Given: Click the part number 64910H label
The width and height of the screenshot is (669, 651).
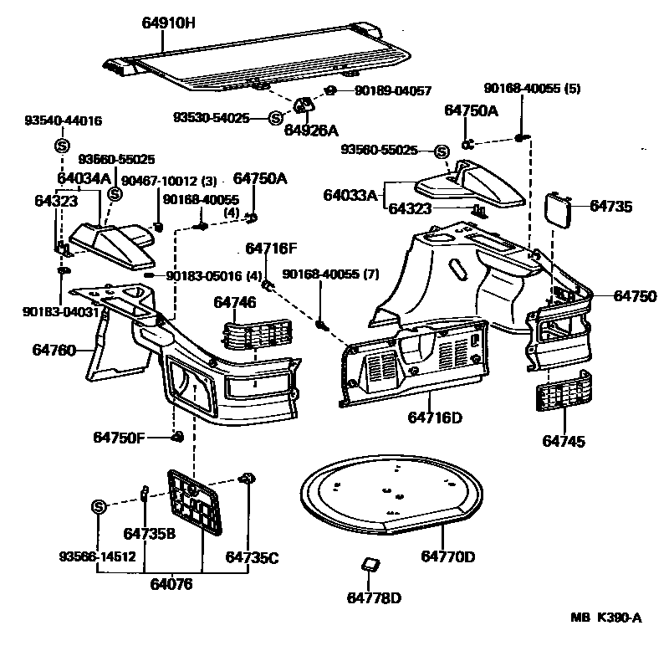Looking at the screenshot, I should coord(168,24).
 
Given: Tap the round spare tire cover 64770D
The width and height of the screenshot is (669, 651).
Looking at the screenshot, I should coord(390,494).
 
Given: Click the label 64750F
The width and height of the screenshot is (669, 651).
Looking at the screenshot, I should coord(120,437).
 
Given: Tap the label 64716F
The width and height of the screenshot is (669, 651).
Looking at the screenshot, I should coord(271,249).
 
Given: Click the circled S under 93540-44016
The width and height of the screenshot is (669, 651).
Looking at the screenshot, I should coord(61,146).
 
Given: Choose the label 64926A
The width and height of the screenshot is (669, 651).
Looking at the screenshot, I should coord(310,131).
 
